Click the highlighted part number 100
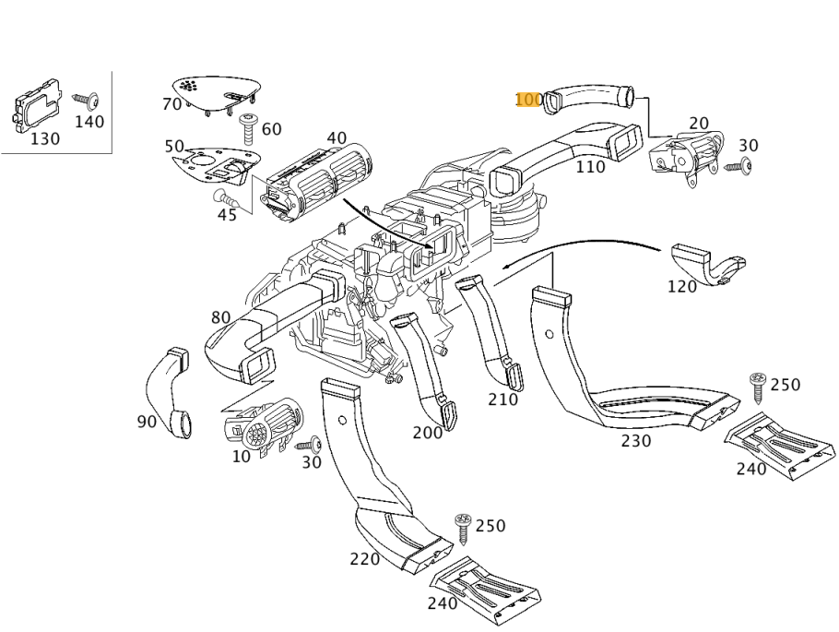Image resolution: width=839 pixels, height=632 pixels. coord(529,100)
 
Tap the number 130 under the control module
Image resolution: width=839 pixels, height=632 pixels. coord(44,139)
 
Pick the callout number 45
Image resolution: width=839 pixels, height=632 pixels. coord(227,215)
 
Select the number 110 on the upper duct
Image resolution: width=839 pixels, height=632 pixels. coord(590,167)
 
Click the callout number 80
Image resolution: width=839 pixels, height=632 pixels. coord(220,318)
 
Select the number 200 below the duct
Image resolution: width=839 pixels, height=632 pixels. coord(428,433)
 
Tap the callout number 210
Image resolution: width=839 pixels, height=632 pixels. coord(502,400)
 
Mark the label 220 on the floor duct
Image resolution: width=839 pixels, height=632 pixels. coord(365,559)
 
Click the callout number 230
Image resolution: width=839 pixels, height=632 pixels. coord(635,441)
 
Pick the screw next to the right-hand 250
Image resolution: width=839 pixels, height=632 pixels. coord(758,386)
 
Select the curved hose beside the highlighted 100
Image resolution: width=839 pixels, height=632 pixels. coord(588,97)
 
